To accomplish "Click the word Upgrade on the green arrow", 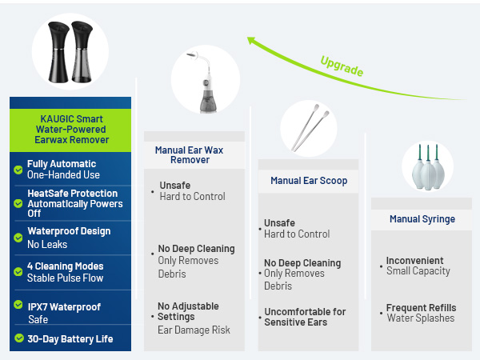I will coord(342,66).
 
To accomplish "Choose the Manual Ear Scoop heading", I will coord(309,181).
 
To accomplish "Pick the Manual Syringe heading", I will coord(422,218).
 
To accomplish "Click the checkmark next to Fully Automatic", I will coord(18,170).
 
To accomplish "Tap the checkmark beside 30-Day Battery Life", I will coord(18,338).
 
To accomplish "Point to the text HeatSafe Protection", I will coord(72,193).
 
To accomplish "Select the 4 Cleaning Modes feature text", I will coord(66,266).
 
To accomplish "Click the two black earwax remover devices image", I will coord(70,50).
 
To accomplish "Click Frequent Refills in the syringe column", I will coord(421,308).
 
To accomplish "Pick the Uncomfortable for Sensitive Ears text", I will coord(305,317).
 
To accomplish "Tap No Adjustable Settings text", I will coord(188,311).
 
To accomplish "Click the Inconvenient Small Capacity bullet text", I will coord(418,266).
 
